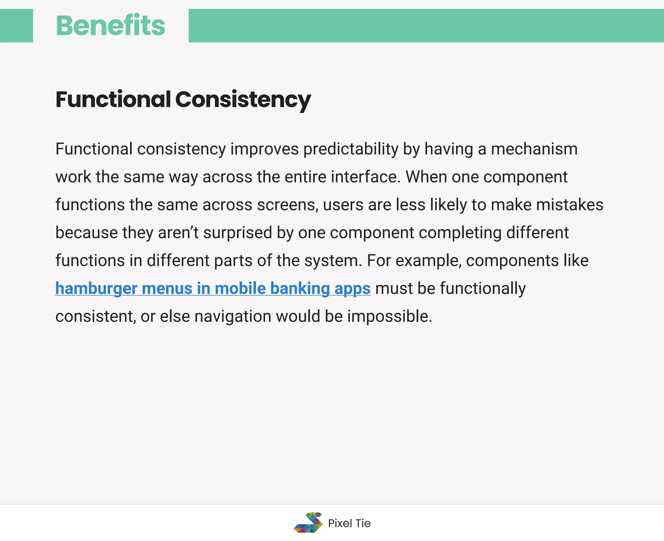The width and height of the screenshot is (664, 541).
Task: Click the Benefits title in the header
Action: point(110,26)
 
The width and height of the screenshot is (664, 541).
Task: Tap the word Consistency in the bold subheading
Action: point(243,100)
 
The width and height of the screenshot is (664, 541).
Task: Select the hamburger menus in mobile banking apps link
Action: point(213,288)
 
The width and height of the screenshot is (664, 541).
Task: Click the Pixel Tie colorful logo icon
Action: point(308,523)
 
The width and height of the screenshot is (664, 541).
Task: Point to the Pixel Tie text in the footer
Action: point(349,523)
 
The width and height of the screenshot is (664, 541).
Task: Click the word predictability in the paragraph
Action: point(350,149)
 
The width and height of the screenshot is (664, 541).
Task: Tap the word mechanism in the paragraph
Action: point(534,149)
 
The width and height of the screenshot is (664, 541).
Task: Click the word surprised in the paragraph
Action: point(237,233)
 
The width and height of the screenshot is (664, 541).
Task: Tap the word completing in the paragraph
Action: point(460,233)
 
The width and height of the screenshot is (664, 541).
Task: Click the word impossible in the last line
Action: point(389,316)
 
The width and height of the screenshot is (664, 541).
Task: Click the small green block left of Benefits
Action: point(16,26)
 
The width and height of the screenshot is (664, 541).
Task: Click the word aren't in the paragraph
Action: point(178,233)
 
